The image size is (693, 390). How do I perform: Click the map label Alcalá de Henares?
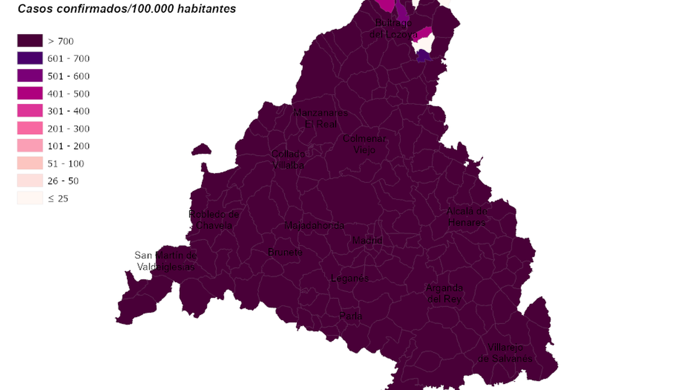pos(466,217)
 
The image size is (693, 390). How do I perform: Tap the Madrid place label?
pos(367,241)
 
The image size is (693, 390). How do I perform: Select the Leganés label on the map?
pos(350,278)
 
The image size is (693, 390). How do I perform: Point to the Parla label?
pos(350,316)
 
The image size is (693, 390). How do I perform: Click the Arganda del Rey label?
pos(444,293)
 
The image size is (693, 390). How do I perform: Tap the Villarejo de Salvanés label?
pos(505,353)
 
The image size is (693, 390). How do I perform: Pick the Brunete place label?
pos(285,252)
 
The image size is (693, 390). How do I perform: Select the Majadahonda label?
pos(314,226)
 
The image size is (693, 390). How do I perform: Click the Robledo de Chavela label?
pos(214,220)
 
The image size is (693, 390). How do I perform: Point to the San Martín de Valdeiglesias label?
pos(166,261)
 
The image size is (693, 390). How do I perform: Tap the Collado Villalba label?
pos(288,160)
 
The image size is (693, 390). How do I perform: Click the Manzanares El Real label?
pos(320,118)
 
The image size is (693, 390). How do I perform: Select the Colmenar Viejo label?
pos(365,144)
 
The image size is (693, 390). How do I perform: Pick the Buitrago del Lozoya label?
pos(393,28)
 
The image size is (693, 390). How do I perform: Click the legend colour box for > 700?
pos(30,41)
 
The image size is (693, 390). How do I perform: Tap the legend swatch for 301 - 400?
pos(30,111)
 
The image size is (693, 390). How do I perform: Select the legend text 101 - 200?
pos(68,146)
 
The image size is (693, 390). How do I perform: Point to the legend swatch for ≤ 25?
pos(30,198)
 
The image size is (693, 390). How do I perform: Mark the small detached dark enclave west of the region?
pos(201,149)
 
